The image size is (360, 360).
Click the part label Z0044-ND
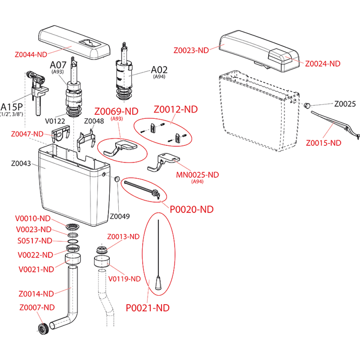[31, 55]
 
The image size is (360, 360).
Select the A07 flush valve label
[58, 65]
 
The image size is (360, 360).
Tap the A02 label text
[159, 69]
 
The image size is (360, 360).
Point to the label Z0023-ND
[191, 50]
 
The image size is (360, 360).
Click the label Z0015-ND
[323, 143]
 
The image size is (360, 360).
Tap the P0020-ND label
[192, 209]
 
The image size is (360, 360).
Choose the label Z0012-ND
[176, 109]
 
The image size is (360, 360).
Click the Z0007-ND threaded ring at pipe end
[44, 328]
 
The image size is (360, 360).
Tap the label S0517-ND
[35, 240]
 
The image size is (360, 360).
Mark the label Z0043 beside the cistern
[22, 163]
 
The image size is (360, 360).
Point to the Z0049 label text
[120, 216]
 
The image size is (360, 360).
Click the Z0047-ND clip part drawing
[60, 134]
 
